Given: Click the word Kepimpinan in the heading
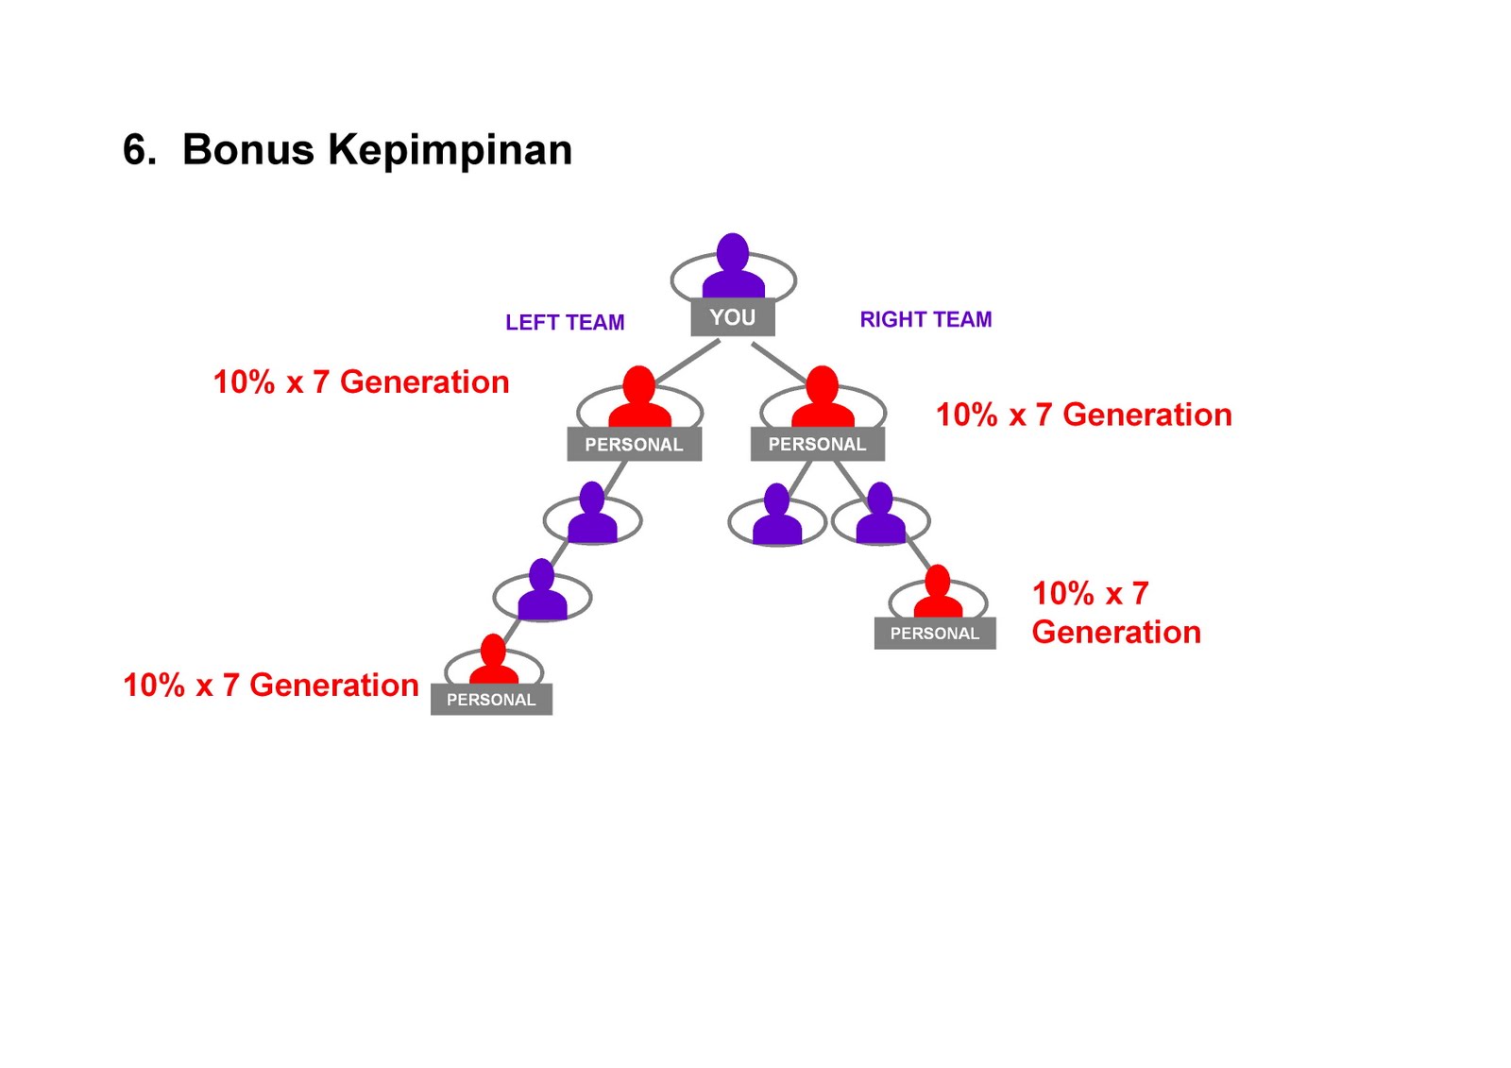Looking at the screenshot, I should tap(450, 150).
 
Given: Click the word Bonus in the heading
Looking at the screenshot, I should tap(247, 150).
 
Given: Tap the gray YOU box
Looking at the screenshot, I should tap(733, 317).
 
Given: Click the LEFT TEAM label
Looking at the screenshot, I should tap(565, 323).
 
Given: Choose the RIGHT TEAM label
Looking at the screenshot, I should tap(925, 320).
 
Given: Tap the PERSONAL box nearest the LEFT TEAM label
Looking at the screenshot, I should tap(634, 445).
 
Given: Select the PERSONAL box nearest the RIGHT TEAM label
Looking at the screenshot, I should tap(817, 444).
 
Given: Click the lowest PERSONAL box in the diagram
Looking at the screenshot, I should tap(491, 700).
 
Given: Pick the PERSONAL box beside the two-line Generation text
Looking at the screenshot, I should tap(935, 634).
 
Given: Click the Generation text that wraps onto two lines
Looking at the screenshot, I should tap(1115, 613).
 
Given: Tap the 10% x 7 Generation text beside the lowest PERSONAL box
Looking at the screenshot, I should tap(271, 686).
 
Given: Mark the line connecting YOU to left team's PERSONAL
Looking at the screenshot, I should tap(688, 361).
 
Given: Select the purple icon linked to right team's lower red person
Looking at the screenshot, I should tap(880, 515).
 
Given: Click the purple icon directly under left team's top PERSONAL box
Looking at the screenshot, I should tap(592, 515).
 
